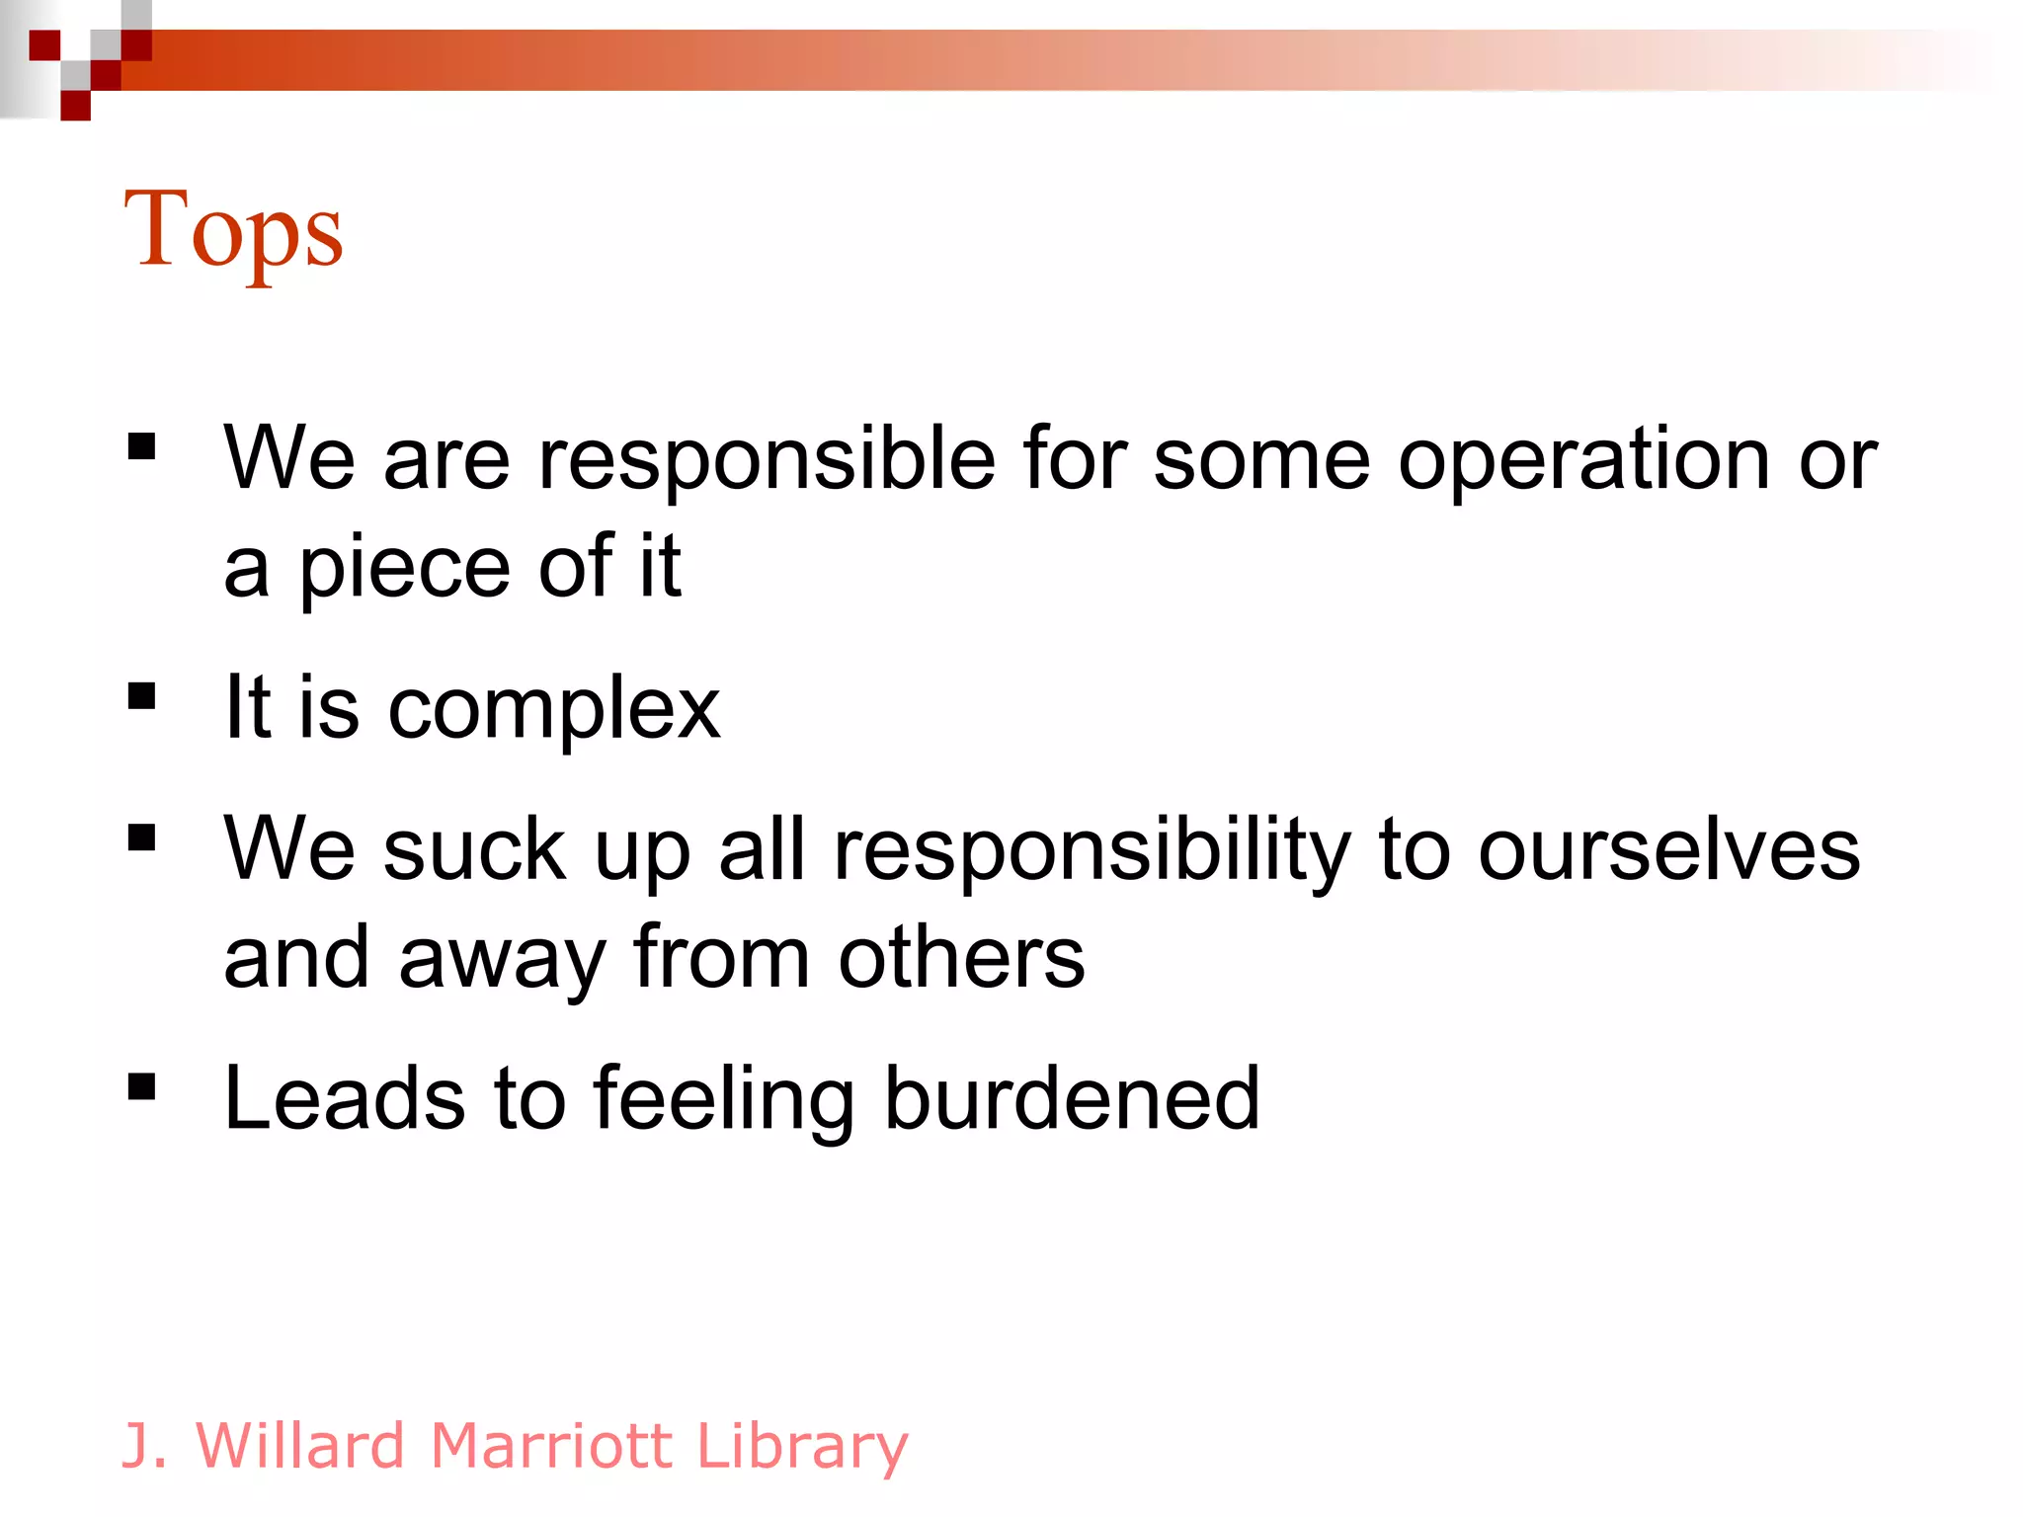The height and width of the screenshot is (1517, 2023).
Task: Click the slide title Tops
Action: pyautogui.click(x=233, y=231)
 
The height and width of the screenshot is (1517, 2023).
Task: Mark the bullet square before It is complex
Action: pyautogui.click(x=142, y=696)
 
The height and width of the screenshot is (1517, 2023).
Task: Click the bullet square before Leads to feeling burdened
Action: pyautogui.click(x=142, y=1086)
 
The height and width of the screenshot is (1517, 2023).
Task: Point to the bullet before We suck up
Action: pyautogui.click(x=142, y=838)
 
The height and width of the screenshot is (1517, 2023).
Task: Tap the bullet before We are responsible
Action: pyautogui.click(x=142, y=447)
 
